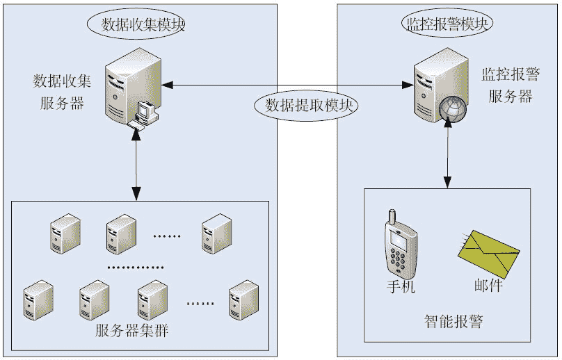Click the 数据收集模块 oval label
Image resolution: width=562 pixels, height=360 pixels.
(x=140, y=24)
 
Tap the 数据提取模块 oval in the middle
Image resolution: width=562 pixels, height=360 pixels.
(x=307, y=105)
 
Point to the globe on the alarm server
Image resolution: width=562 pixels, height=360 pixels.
(x=451, y=109)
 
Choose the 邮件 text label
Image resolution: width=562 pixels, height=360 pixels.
(x=488, y=286)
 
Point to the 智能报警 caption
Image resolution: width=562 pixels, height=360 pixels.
(x=453, y=321)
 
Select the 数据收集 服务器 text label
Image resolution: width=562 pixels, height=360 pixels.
(x=63, y=92)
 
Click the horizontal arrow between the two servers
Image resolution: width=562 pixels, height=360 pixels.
(x=285, y=85)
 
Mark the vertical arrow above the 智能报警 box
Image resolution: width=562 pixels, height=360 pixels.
(x=449, y=153)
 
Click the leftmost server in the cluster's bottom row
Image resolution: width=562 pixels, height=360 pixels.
(x=38, y=300)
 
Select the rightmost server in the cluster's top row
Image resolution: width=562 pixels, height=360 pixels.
(x=216, y=234)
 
